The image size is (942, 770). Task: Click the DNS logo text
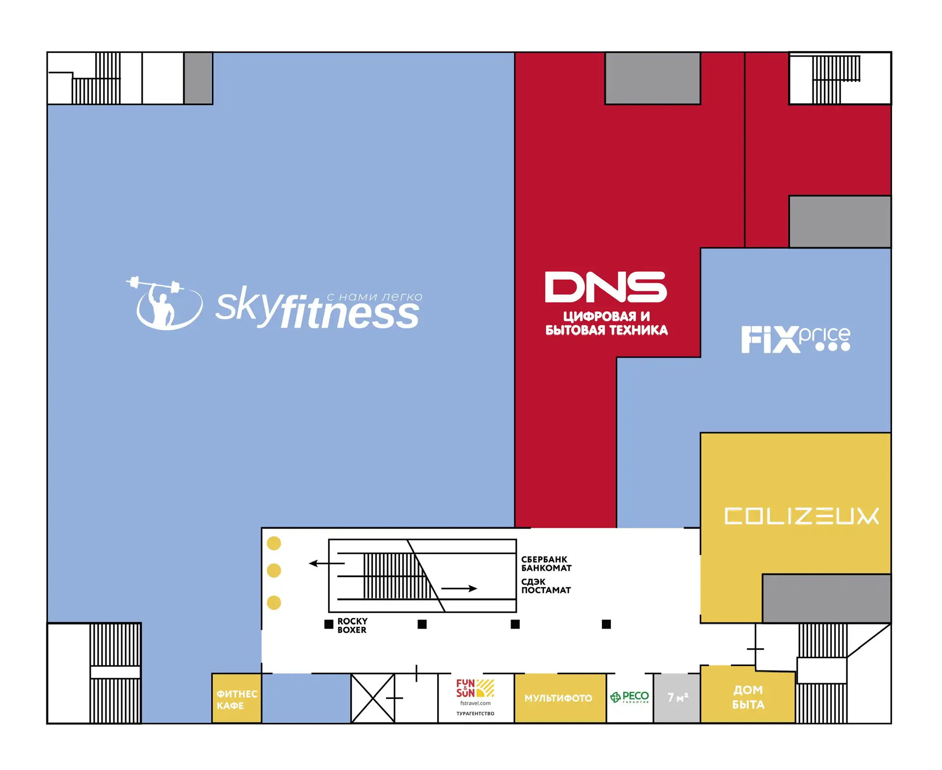pyautogui.click(x=606, y=287)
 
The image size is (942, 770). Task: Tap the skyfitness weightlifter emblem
pyautogui.click(x=164, y=303)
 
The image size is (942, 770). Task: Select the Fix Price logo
pyautogui.click(x=795, y=339)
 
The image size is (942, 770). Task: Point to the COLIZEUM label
pyautogui.click(x=801, y=516)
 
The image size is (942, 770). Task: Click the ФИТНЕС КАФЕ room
pyautogui.click(x=236, y=698)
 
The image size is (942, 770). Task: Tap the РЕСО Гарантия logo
pyautogui.click(x=629, y=697)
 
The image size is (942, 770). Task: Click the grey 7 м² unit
pyautogui.click(x=677, y=698)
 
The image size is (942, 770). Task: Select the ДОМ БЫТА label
pyautogui.click(x=748, y=697)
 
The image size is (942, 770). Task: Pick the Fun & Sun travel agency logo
pyautogui.click(x=475, y=688)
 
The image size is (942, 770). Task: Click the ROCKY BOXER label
pyautogui.click(x=352, y=625)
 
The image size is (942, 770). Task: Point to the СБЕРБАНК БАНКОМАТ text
pyautogui.click(x=546, y=564)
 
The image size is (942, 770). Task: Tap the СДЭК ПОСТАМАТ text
pyautogui.click(x=546, y=586)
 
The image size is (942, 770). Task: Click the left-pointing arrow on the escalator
pyautogui.click(x=327, y=564)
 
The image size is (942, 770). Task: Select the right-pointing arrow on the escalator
pyautogui.click(x=459, y=589)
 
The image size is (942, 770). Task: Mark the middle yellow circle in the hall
pyautogui.click(x=274, y=570)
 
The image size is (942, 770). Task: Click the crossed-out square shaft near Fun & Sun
pyautogui.click(x=373, y=698)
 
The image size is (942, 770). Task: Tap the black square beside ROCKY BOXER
pyautogui.click(x=329, y=624)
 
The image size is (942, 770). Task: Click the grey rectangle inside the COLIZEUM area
pyautogui.click(x=826, y=598)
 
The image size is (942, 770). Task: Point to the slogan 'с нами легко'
pyautogui.click(x=374, y=297)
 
